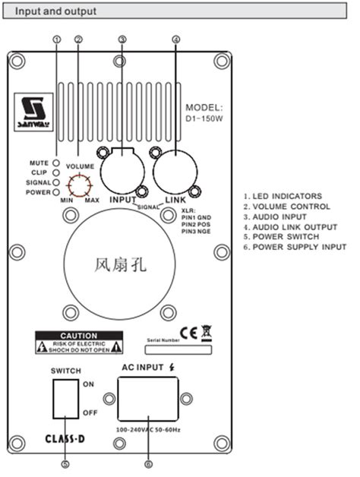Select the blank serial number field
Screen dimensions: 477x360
pyautogui.click(x=178, y=350)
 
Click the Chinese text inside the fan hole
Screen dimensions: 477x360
pyautogui.click(x=118, y=265)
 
